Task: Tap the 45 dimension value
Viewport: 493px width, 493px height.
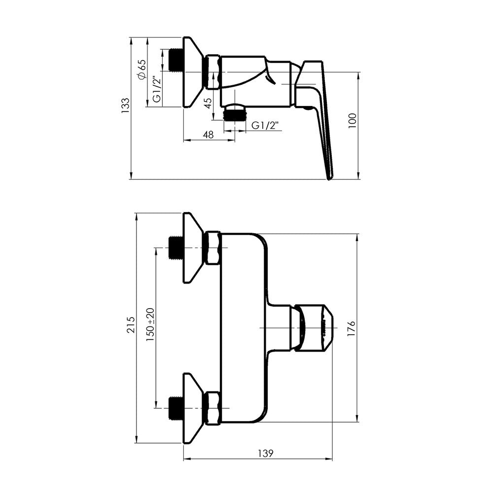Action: [x=208, y=103]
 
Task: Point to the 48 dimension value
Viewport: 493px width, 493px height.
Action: [x=209, y=135]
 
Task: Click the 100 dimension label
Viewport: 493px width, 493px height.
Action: [x=352, y=120]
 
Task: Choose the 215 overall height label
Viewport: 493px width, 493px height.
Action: [x=131, y=325]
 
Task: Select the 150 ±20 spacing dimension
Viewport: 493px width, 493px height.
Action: [x=150, y=325]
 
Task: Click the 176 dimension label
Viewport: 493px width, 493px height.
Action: [x=351, y=328]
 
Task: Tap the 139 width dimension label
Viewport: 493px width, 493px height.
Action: [x=266, y=454]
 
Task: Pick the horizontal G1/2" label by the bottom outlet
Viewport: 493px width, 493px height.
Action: [x=266, y=125]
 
